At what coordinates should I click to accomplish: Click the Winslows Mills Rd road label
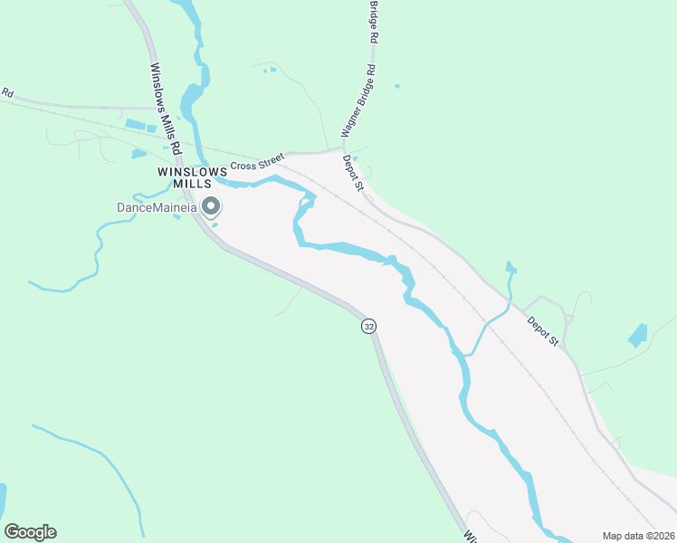point(166,107)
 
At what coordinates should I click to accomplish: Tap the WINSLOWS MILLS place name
point(190,176)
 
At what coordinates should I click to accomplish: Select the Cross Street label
point(257,164)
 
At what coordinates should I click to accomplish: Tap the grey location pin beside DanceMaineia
point(211,207)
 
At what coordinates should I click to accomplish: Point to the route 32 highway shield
point(367,326)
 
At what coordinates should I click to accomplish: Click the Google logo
point(30,532)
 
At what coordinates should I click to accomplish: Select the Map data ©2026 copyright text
point(638,536)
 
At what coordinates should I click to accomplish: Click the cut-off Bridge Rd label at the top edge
point(372,22)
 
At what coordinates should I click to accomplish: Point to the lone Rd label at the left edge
point(8,92)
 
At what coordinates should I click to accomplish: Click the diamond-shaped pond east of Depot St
point(638,336)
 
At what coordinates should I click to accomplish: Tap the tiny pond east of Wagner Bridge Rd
point(396,87)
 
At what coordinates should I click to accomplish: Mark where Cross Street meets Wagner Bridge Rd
point(342,148)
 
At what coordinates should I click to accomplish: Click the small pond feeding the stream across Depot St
point(511,268)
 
